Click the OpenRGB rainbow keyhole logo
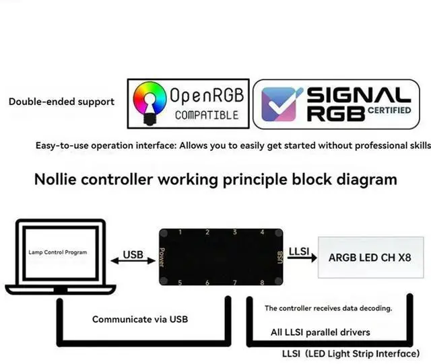(150, 102)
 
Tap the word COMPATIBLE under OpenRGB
(207, 115)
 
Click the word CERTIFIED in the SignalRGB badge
(389, 109)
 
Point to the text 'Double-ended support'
(61, 102)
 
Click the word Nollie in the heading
(60, 180)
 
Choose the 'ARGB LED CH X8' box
(370, 257)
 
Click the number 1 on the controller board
(180, 233)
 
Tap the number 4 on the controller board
(262, 233)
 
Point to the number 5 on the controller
(180, 283)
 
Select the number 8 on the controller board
(262, 283)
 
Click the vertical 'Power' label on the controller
(162, 257)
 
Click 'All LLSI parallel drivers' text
(321, 332)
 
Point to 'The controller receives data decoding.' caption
(329, 308)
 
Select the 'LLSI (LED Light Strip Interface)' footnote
(351, 353)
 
